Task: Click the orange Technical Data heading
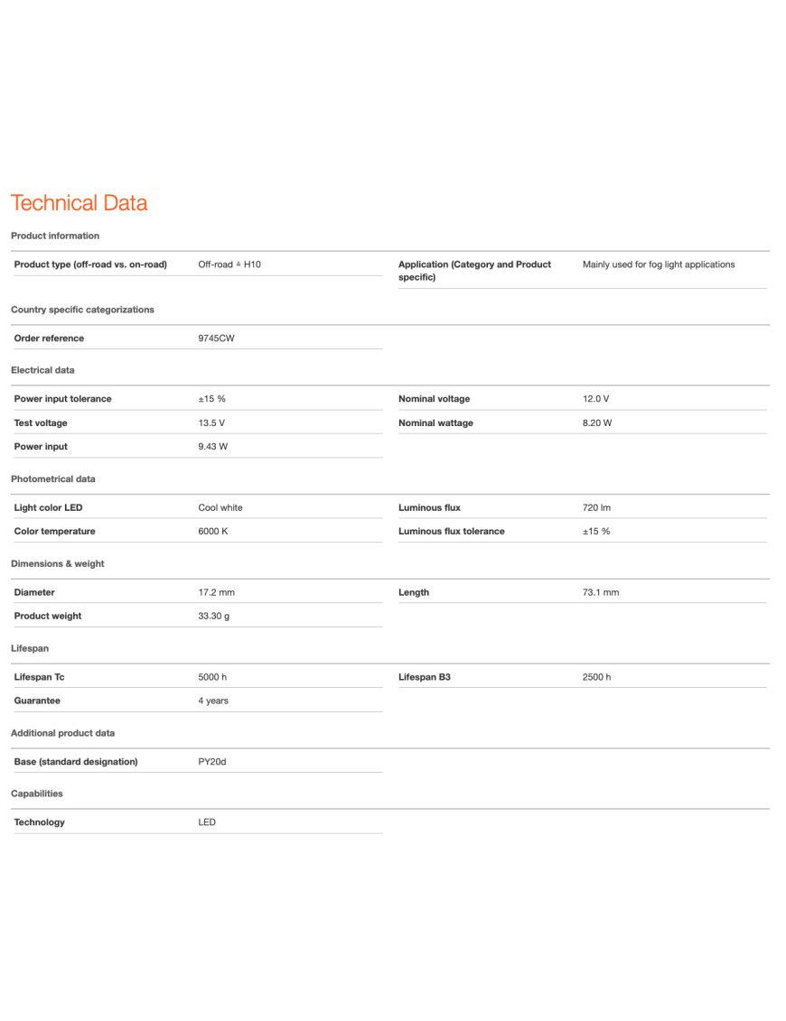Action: tap(79, 203)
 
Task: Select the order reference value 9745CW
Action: tap(217, 339)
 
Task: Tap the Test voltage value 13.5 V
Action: tap(211, 422)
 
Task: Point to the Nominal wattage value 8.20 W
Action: tap(597, 422)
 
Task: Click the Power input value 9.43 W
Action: tap(214, 447)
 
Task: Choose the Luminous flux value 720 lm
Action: tap(596, 507)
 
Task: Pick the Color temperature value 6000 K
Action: tap(213, 532)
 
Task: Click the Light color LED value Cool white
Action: tap(220, 507)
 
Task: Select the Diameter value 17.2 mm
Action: tap(216, 592)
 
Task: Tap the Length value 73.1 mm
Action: tap(601, 592)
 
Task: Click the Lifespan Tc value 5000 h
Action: tap(212, 677)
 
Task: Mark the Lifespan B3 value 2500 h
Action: tap(596, 677)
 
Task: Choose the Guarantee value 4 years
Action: tap(213, 701)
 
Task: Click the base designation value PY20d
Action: tap(212, 762)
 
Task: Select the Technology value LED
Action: tap(207, 822)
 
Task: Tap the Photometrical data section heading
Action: tap(53, 478)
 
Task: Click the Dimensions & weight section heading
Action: tap(58, 563)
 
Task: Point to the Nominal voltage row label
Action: tap(434, 399)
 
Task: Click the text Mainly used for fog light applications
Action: tap(659, 265)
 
